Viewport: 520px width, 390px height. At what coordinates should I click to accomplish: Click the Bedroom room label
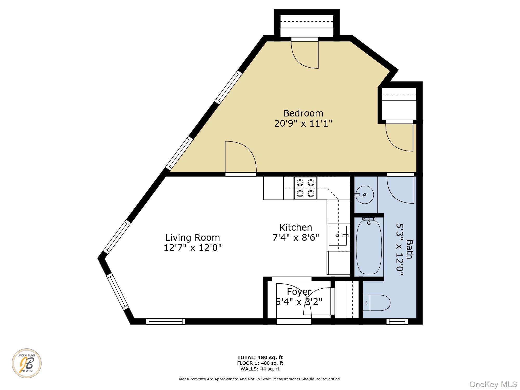(303, 113)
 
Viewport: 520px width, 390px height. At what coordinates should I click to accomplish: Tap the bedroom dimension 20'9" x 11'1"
(303, 123)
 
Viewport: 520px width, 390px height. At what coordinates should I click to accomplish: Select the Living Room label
(193, 238)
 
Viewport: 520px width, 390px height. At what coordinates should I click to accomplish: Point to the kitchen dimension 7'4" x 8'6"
(296, 237)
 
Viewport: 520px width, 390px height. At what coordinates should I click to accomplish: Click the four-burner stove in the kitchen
(305, 188)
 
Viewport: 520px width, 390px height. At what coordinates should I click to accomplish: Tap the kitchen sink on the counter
(337, 236)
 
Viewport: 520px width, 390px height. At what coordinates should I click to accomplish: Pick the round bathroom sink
(365, 194)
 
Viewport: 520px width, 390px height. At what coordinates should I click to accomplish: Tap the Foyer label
(299, 292)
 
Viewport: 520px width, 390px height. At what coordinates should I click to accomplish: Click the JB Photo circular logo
(27, 363)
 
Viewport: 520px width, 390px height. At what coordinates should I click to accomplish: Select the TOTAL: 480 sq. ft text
(260, 357)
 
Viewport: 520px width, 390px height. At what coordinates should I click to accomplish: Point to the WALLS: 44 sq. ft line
(260, 369)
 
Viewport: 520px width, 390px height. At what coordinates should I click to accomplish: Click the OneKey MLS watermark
(493, 384)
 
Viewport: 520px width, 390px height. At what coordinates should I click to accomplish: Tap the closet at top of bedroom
(307, 25)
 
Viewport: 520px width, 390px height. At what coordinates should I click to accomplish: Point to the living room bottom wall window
(166, 322)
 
